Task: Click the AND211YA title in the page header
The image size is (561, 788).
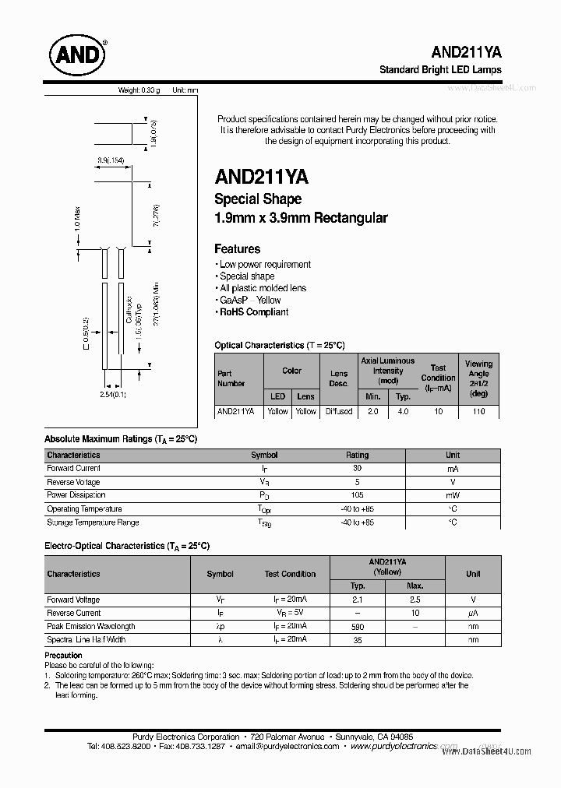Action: pos(466,51)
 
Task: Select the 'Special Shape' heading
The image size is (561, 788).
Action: pos(257,199)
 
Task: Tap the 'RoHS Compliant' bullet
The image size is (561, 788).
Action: pos(253,312)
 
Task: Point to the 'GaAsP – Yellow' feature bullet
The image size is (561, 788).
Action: pos(250,300)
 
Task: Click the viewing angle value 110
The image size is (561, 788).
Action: pos(478,411)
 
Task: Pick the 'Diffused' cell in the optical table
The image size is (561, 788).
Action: pos(339,411)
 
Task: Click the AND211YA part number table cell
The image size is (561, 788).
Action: pos(235,411)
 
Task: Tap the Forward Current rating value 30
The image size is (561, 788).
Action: pos(357,469)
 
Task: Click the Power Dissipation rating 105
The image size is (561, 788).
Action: pos(357,495)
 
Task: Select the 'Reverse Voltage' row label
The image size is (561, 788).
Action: pos(73,482)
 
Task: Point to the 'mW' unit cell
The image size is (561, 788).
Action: pos(452,495)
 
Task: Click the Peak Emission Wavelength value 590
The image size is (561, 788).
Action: pos(358,626)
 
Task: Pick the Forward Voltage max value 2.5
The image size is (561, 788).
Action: pos(415,600)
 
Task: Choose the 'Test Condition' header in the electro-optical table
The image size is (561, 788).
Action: pos(290,574)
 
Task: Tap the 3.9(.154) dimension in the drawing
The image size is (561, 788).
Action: pos(111,160)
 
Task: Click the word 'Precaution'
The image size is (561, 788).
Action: pos(63,656)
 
